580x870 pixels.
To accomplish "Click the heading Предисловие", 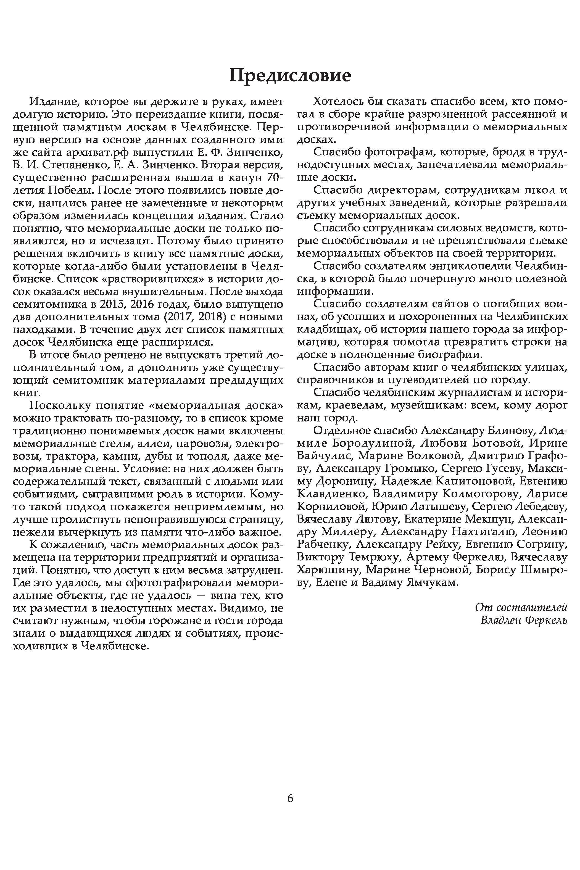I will [x=290, y=75].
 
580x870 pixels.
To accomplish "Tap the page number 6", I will [x=290, y=798].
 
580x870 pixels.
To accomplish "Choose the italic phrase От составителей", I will [x=521, y=607].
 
